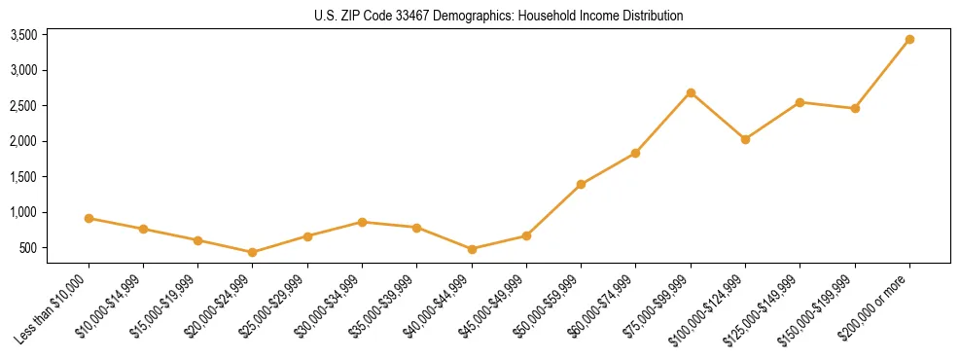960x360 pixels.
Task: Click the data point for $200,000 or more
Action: (x=909, y=40)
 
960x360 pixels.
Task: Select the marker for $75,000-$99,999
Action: (x=691, y=92)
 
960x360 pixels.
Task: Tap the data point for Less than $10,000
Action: (x=89, y=218)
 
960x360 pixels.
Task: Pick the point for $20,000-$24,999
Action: (x=253, y=252)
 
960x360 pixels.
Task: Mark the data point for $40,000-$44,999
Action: (x=472, y=249)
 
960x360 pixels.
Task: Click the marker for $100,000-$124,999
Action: (x=745, y=139)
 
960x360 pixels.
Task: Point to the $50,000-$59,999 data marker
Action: (x=581, y=184)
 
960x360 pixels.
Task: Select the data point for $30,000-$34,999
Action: (x=362, y=222)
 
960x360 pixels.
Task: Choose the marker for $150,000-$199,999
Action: (x=855, y=108)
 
